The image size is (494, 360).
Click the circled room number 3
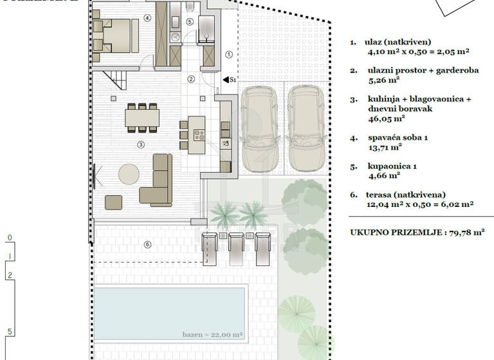[x=140, y=145]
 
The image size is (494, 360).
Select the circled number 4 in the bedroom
[x=147, y=17]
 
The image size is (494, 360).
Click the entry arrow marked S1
[x=228, y=80]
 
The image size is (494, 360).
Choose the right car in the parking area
[x=305, y=129]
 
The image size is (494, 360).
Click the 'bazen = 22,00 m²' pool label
[x=212, y=335]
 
